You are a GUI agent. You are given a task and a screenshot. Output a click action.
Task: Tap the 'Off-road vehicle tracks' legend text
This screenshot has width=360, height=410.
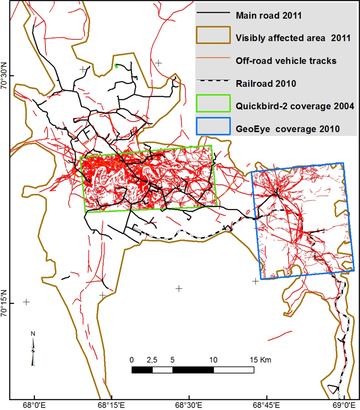click(286, 61)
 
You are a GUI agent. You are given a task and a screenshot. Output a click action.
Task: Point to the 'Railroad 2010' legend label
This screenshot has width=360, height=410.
click(266, 84)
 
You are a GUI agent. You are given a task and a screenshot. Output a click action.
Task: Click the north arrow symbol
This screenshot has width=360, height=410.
click(33, 348)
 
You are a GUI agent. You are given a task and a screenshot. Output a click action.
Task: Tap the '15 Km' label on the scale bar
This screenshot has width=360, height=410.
click(260, 360)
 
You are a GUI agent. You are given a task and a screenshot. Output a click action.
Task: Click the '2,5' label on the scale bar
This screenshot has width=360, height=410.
click(152, 360)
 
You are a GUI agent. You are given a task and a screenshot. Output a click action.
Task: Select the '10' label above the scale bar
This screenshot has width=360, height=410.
click(213, 360)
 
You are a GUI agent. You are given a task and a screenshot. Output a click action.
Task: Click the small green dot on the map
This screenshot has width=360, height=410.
click(116, 65)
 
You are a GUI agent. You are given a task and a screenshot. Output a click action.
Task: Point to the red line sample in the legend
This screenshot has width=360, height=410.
click(212, 61)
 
